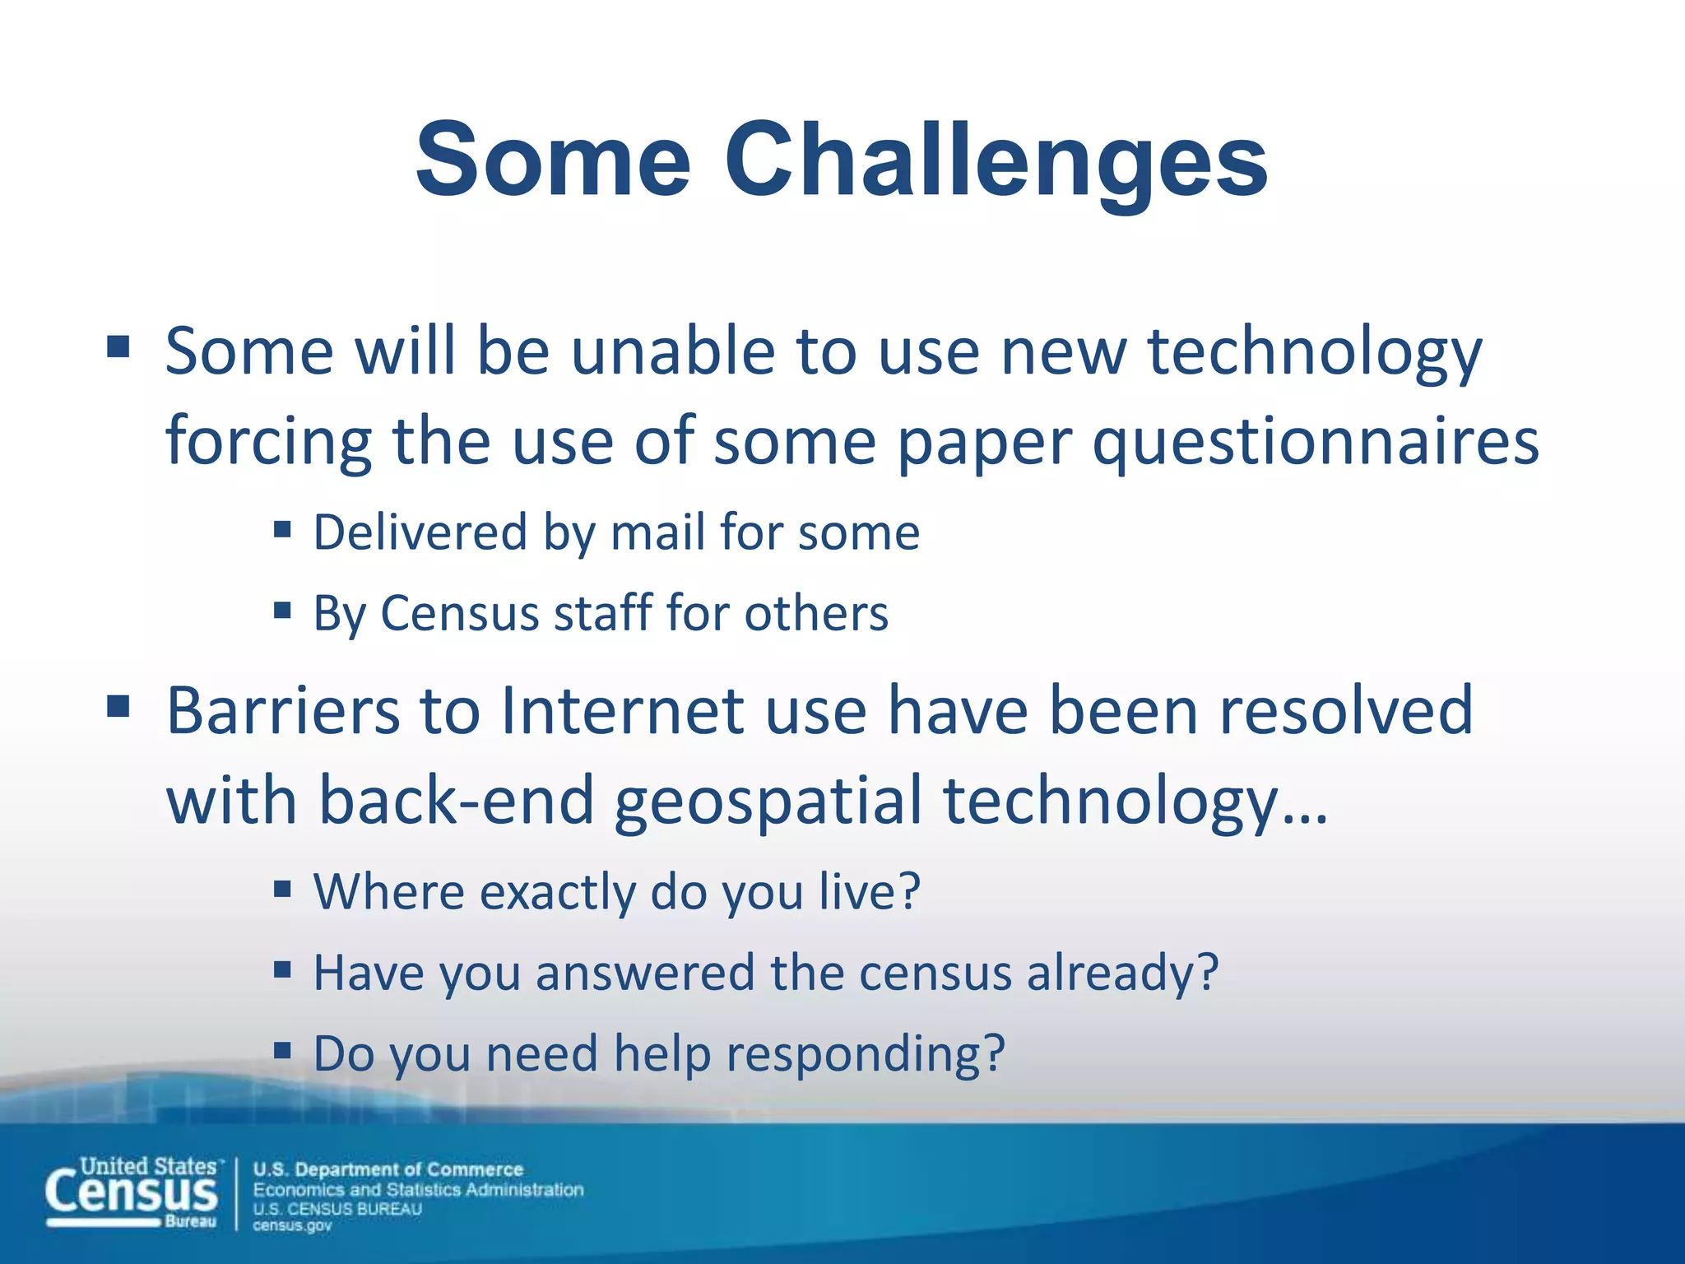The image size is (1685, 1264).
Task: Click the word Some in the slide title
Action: [553, 160]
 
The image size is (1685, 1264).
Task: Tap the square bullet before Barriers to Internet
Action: [118, 705]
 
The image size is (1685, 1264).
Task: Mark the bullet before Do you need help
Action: [283, 1049]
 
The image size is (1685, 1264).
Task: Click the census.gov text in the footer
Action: [292, 1225]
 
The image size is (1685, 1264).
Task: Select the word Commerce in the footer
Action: [475, 1169]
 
